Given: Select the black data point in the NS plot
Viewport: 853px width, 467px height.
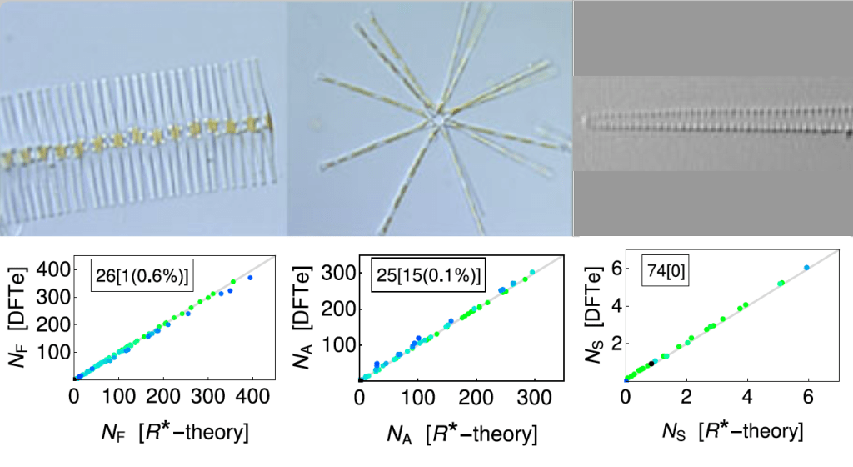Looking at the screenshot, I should point(651,364).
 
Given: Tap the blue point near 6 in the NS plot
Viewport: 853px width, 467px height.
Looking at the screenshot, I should point(806,267).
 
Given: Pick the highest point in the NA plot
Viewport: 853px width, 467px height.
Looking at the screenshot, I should point(532,272).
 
